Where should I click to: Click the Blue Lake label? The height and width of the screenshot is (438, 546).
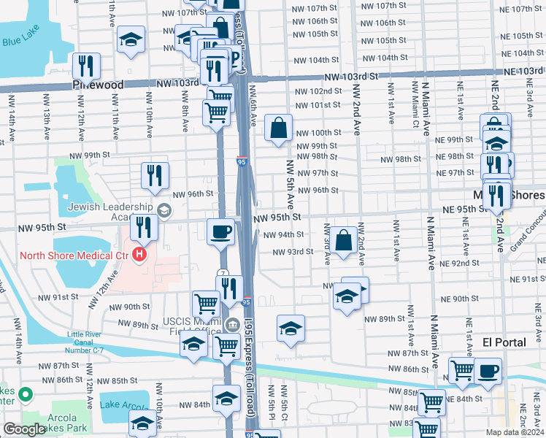(20, 42)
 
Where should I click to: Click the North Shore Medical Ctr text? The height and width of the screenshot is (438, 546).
(64, 255)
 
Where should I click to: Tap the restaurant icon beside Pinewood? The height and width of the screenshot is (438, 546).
(88, 66)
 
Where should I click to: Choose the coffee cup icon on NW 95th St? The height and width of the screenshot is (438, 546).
(220, 232)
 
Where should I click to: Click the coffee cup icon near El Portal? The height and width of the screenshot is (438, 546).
(488, 370)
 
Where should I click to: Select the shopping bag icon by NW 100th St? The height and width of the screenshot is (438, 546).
(279, 128)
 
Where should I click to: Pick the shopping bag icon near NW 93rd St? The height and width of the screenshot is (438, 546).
(343, 240)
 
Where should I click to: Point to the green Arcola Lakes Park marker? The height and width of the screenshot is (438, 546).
(26, 395)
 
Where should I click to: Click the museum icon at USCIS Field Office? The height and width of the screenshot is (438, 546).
(232, 325)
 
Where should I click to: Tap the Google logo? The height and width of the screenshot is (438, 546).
(24, 429)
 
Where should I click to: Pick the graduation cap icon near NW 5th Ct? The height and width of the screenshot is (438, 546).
(291, 328)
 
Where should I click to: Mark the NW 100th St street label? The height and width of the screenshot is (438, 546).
(319, 132)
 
